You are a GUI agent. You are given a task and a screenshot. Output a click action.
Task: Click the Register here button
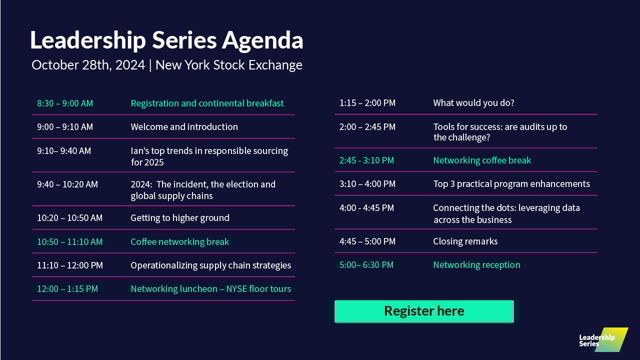(x=424, y=311)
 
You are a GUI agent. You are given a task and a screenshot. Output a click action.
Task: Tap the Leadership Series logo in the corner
(x=603, y=339)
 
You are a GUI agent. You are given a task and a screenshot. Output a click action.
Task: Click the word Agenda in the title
(x=262, y=40)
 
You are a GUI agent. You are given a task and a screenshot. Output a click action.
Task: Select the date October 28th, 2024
(x=88, y=65)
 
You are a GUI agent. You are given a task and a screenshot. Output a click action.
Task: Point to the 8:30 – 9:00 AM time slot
(x=65, y=103)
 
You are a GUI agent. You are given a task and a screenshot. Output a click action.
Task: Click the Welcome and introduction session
(x=184, y=126)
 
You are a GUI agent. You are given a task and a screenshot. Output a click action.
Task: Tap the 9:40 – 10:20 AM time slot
(x=67, y=184)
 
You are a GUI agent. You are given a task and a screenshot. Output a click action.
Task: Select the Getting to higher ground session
(x=180, y=218)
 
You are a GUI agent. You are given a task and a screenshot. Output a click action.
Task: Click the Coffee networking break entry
(x=180, y=241)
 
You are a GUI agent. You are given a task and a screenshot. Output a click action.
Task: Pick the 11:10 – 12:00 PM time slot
(x=70, y=265)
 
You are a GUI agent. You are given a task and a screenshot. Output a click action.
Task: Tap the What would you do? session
(x=473, y=103)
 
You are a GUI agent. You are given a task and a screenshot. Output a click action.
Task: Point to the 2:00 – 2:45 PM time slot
(x=367, y=127)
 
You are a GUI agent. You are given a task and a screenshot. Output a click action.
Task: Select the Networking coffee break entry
(x=482, y=160)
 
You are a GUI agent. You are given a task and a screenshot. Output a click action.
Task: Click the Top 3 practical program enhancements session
(x=511, y=183)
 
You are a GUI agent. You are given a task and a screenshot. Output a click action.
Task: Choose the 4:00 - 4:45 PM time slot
(x=366, y=207)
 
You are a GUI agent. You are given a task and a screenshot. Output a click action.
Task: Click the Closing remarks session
(x=465, y=241)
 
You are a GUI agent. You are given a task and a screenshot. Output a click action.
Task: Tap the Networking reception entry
(x=477, y=265)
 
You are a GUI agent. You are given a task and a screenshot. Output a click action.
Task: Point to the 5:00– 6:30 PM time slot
(x=366, y=265)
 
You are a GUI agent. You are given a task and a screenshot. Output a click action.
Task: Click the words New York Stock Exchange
(x=229, y=65)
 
